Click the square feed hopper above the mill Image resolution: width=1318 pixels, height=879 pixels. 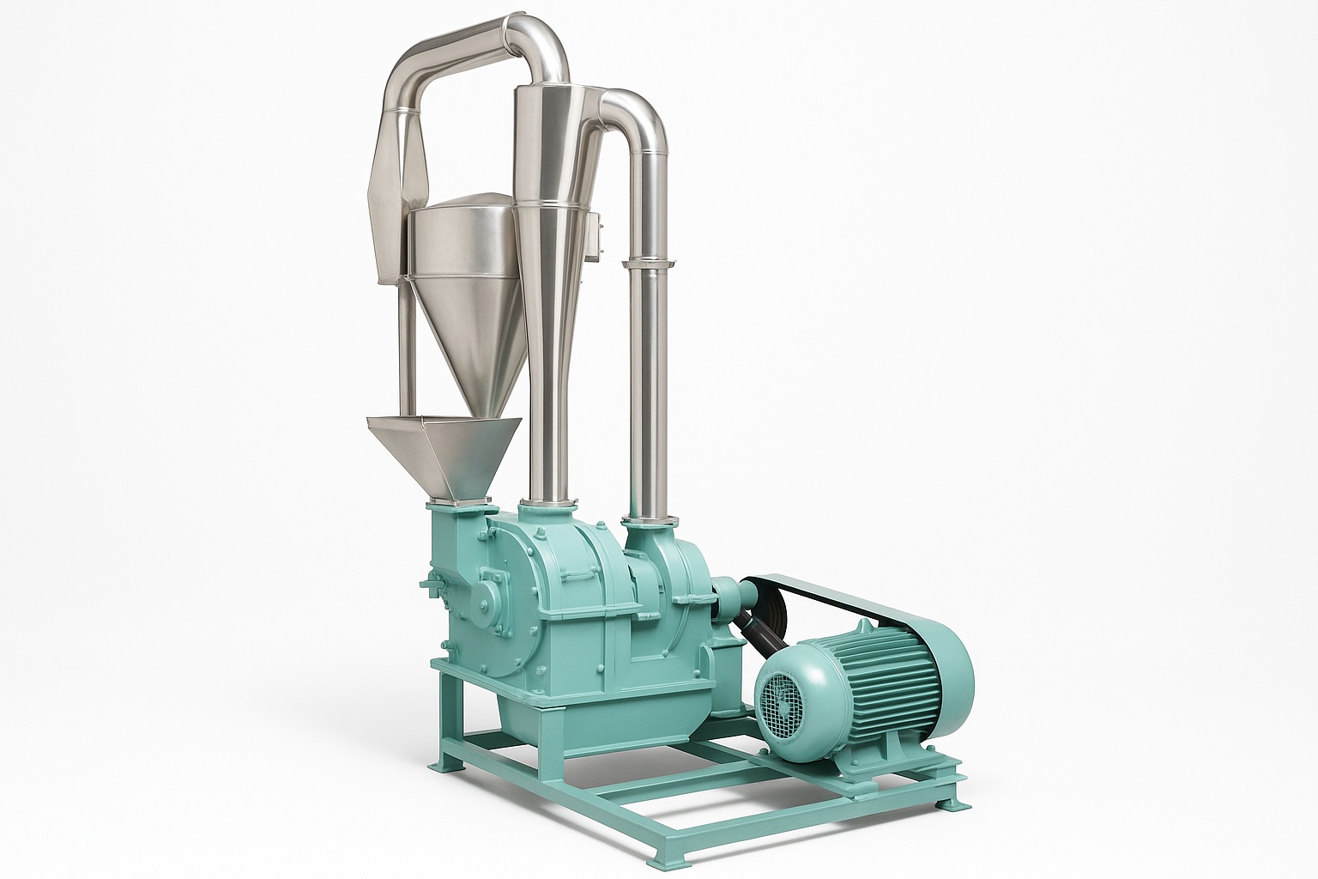445,455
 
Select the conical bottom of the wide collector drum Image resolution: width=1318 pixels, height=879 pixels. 468,343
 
